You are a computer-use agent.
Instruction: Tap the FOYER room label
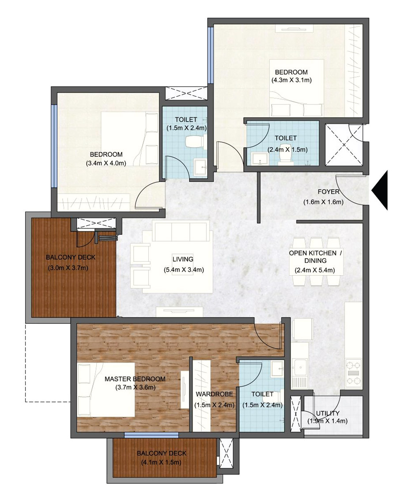point(329,192)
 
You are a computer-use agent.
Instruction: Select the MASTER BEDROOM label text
point(135,379)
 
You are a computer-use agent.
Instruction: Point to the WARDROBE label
point(215,394)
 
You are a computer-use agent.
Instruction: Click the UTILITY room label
point(328,413)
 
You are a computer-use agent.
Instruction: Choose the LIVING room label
point(183,259)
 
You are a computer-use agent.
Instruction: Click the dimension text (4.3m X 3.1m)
point(291,80)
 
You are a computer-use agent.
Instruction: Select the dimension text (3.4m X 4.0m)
point(106,163)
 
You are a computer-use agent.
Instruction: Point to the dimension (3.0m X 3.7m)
point(68,268)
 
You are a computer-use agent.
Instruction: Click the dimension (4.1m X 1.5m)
point(161,462)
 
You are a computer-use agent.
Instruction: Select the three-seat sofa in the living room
point(181,231)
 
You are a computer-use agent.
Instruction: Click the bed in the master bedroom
point(106,390)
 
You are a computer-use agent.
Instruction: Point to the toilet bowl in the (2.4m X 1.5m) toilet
point(286,155)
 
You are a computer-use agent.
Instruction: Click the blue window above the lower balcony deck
point(151,435)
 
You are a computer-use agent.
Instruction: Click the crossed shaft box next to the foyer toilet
point(344,144)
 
